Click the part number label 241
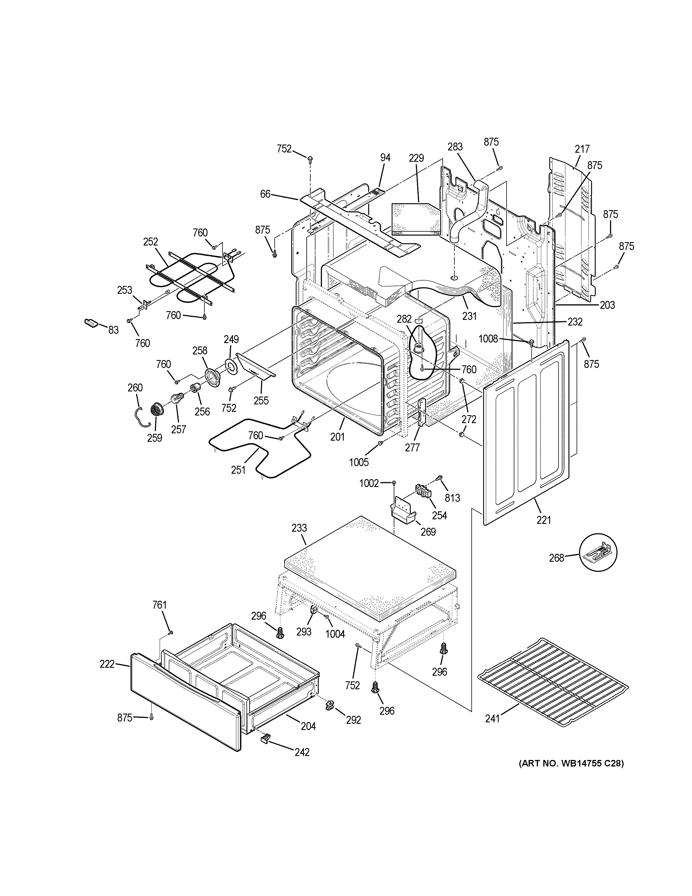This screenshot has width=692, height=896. tap(492, 718)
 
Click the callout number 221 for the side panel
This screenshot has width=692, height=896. tap(544, 520)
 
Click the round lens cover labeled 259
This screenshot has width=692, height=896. tap(156, 410)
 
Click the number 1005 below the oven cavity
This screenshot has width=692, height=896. tap(359, 462)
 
